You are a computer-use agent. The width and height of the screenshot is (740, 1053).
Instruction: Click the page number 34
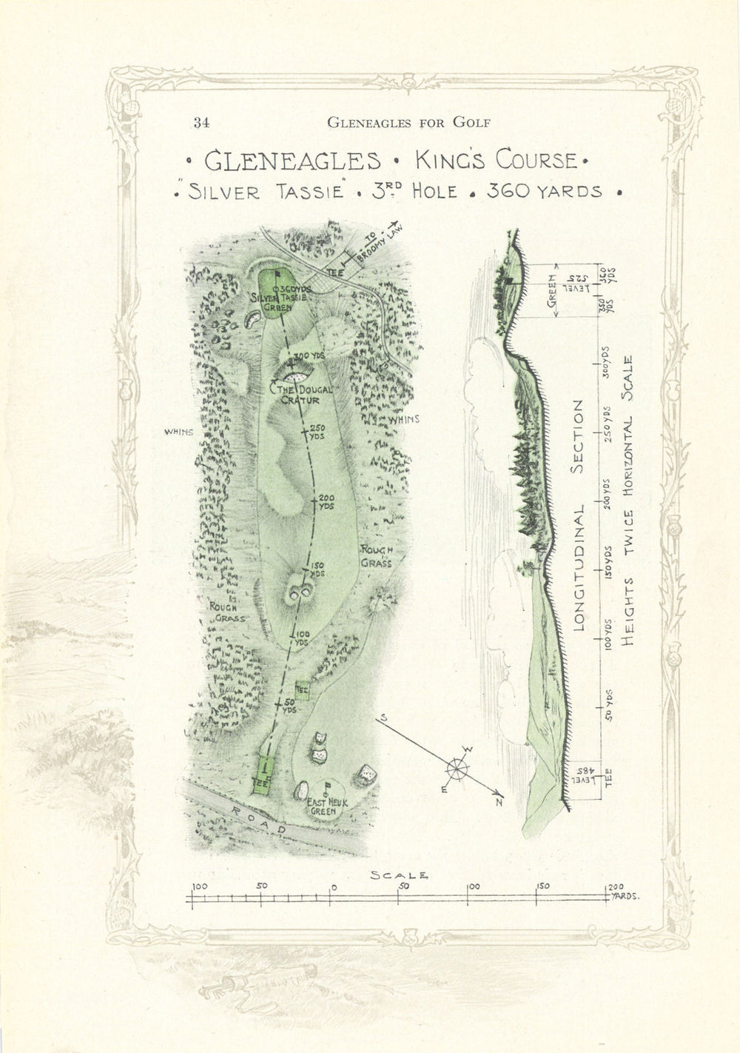201,123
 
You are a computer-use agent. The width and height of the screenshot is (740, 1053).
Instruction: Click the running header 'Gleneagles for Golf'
408,123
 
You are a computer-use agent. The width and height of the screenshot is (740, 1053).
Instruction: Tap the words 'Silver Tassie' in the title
267,191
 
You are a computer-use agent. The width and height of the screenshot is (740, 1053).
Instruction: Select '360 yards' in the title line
544,190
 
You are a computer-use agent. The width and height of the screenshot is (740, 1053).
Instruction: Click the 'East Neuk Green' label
323,806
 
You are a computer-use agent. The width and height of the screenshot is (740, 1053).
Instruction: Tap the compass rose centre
457,770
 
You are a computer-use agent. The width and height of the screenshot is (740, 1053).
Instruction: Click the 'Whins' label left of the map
179,432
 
